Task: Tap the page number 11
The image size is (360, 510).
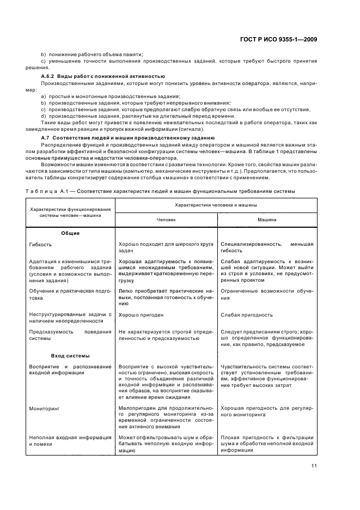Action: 314,465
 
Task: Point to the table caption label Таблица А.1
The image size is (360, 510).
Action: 44,191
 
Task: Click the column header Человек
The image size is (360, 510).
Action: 166,220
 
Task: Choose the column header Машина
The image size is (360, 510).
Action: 267,220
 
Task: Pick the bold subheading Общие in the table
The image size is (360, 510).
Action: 70,233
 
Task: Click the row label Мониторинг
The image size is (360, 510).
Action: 44,407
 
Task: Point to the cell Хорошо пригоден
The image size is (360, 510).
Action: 141,315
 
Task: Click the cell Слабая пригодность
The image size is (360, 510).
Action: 247,315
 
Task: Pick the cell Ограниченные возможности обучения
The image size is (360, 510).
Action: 267,294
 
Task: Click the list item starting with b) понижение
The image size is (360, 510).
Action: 92,54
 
